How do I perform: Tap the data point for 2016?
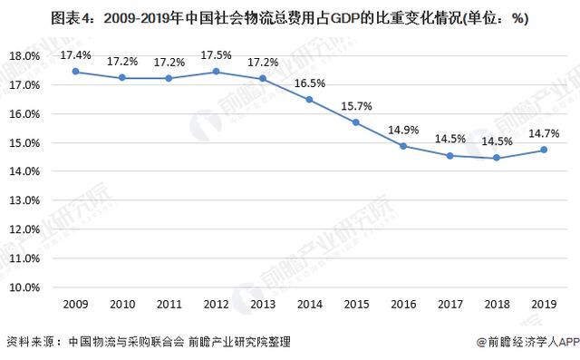(x=401, y=146)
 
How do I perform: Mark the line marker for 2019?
(x=542, y=151)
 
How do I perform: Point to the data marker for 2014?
(x=308, y=99)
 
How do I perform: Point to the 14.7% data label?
(x=544, y=133)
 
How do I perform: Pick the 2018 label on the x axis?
(x=495, y=305)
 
